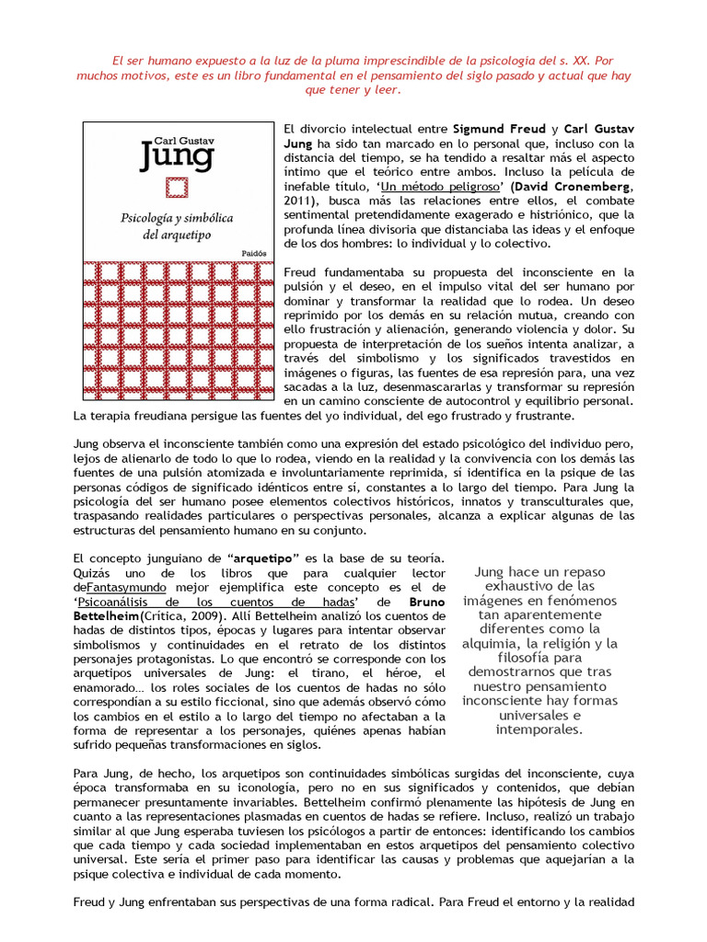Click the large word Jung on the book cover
(176, 155)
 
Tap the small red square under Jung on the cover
(176, 189)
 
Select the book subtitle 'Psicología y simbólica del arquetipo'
(177, 225)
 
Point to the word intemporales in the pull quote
(539, 730)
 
